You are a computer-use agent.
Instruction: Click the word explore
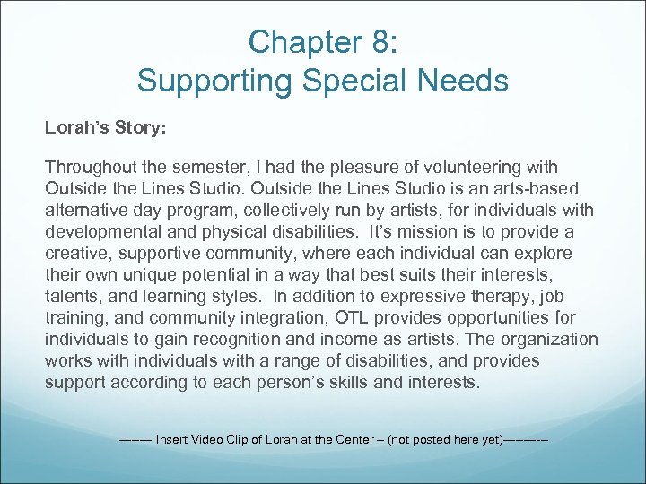(x=541, y=253)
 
